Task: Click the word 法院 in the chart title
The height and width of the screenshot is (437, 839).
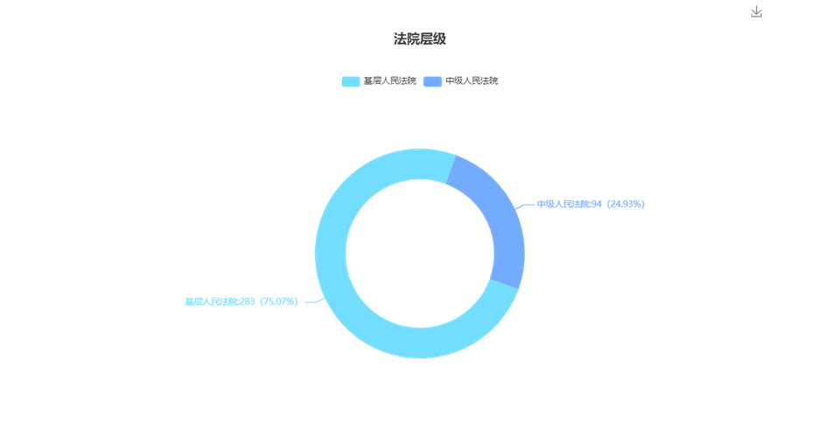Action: point(407,39)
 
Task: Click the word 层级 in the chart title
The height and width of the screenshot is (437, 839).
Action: point(433,39)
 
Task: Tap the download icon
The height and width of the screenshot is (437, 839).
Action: point(756,11)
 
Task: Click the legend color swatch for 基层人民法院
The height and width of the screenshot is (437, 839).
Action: point(351,81)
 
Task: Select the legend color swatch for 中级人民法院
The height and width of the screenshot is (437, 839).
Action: point(432,81)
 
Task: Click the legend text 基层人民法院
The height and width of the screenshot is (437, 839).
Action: point(390,81)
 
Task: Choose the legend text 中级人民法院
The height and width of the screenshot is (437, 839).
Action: point(472,81)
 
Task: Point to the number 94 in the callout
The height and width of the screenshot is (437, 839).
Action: point(597,204)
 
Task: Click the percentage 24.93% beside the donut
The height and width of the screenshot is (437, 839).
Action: point(626,204)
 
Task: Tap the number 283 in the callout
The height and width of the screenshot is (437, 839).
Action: point(248,302)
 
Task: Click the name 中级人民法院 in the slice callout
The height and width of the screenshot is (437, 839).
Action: point(563,204)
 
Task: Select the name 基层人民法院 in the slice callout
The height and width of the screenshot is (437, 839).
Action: point(211,302)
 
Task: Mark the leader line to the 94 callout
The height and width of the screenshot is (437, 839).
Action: point(525,205)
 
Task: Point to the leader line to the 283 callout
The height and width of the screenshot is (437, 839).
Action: point(315,301)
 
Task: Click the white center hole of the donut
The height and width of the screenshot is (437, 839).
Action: point(420,253)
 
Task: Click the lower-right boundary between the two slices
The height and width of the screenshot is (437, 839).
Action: point(504,284)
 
